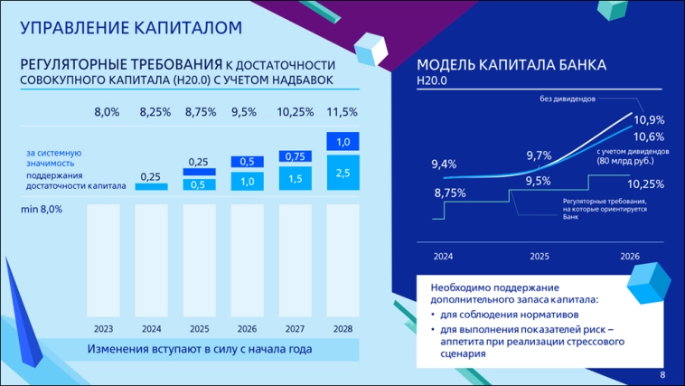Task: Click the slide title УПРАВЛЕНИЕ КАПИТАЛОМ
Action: click(131, 28)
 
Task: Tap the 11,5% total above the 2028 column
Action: click(342, 112)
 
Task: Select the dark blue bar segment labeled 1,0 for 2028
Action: click(342, 142)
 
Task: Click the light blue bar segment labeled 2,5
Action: click(342, 173)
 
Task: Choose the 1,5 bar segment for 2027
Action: click(296, 179)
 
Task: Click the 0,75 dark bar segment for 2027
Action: click(296, 156)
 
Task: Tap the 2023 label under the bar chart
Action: click(104, 328)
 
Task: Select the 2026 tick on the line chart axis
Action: click(630, 257)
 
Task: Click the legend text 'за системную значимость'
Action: click(54, 158)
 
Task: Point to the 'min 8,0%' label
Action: click(42, 209)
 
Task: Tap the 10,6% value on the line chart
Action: click(649, 136)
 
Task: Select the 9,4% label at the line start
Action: click(444, 164)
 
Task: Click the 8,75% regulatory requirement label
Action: click(449, 193)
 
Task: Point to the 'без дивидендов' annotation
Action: click(568, 99)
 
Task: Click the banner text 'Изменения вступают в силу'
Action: click(198, 349)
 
